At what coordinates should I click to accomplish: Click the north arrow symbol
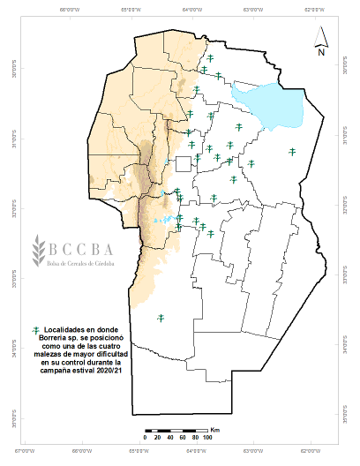323,39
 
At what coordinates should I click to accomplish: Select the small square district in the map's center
183,163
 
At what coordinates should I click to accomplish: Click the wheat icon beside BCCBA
38,251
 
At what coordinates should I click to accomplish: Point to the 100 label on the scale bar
207,438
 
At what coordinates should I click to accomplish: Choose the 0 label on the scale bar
145,438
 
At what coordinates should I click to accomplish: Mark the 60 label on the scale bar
182,438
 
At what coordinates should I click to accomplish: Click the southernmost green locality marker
161,318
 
